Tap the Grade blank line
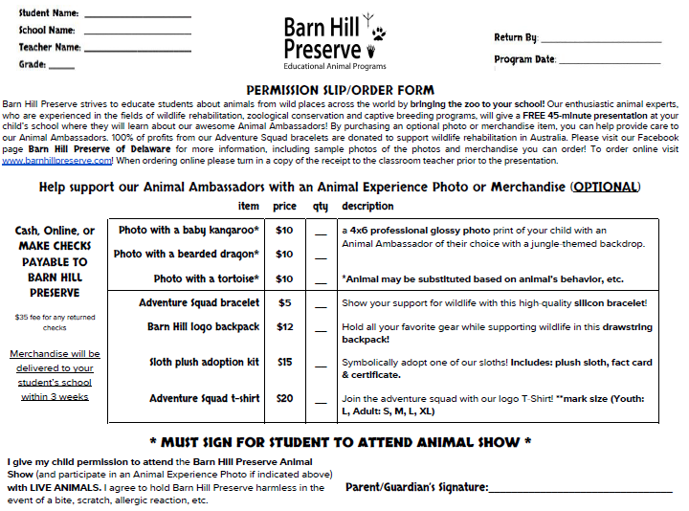click(61, 67)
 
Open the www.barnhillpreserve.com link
click(57, 161)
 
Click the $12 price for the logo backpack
click(284, 327)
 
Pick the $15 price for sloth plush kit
click(284, 363)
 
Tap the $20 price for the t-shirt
click(284, 399)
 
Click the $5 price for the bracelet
click(284, 303)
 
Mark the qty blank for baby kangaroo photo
click(321, 233)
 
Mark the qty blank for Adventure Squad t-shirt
click(321, 402)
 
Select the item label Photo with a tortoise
click(206, 279)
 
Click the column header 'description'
click(367, 206)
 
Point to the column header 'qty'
click(320, 206)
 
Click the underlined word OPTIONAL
click(605, 187)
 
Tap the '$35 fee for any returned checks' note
click(55, 322)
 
